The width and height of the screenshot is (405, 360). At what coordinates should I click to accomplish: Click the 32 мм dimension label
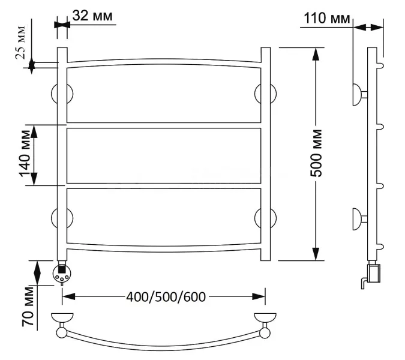click(92, 16)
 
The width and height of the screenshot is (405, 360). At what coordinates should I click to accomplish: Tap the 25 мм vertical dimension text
click(20, 43)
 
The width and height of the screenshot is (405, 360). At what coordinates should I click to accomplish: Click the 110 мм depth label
click(327, 19)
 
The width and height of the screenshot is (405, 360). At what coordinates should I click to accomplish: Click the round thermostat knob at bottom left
click(62, 274)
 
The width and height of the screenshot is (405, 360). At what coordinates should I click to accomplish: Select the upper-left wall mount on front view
click(62, 95)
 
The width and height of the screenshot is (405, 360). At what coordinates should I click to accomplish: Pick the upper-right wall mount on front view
click(265, 95)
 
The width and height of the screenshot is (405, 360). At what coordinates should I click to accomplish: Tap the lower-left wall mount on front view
click(62, 217)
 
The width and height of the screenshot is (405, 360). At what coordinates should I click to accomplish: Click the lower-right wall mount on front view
click(265, 217)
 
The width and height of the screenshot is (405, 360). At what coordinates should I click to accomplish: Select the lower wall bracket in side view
click(358, 217)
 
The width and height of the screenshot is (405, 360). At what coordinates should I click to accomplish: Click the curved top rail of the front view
click(164, 60)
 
